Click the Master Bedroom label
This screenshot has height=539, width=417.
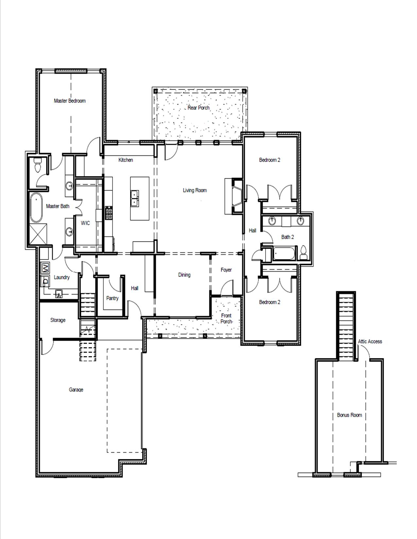tap(70, 101)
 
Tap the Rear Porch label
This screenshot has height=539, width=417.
tap(199, 108)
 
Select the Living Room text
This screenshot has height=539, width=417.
tap(195, 190)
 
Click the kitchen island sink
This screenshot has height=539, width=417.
tap(134, 198)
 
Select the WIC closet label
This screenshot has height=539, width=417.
tap(85, 223)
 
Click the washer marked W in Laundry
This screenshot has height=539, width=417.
tap(45, 268)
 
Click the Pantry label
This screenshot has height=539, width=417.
tap(112, 298)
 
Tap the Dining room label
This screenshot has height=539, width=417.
tap(184, 275)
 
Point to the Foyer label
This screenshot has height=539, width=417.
tap(226, 270)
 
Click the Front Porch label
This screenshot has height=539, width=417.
tap(226, 318)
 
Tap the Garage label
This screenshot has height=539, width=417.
tap(76, 389)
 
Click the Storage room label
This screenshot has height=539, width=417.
tap(58, 320)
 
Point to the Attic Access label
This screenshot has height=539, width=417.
tap(370, 341)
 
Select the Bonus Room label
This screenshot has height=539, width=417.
tap(349, 415)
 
